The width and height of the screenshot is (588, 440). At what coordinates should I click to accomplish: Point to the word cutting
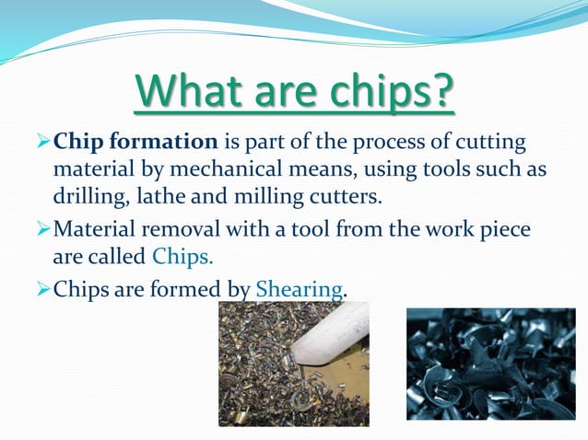tap(488, 144)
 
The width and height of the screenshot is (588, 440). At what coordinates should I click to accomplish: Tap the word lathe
tap(168, 197)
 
